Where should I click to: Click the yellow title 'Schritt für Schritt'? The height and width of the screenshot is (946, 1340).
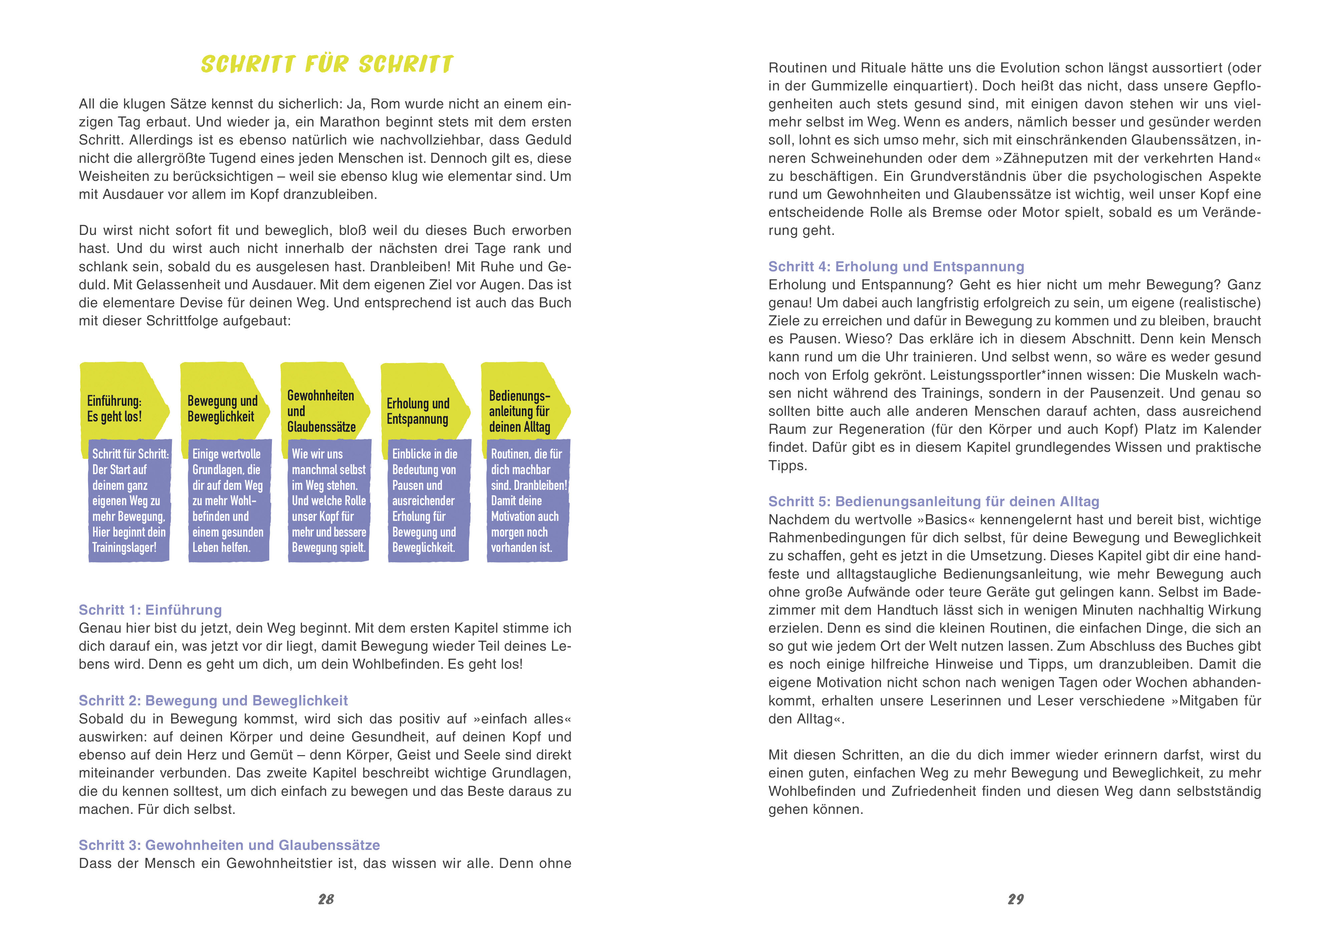[x=327, y=64]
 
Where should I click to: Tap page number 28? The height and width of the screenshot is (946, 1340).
[x=326, y=899]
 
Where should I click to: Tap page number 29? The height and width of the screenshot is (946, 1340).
[x=1015, y=899]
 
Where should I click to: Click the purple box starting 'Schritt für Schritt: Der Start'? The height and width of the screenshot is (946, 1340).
[x=129, y=501]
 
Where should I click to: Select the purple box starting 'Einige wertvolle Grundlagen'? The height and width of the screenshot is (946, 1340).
[x=229, y=501]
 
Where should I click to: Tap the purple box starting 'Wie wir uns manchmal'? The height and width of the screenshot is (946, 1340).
[x=329, y=501]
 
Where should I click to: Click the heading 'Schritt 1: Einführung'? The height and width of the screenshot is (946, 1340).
[x=150, y=610]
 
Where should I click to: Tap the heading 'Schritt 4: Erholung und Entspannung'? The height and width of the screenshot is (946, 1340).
[x=896, y=267]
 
